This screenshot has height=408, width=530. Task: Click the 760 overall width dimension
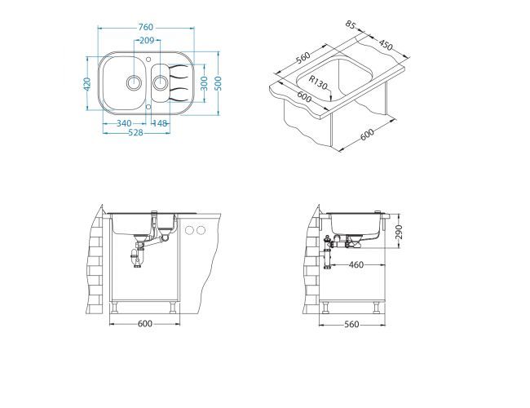(x=146, y=27)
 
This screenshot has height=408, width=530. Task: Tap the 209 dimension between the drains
(x=147, y=41)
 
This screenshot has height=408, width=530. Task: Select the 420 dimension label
(x=87, y=84)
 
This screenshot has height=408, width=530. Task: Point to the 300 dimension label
(x=204, y=83)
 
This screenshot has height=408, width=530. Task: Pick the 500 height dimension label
(x=219, y=83)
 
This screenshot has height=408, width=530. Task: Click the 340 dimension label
(x=124, y=123)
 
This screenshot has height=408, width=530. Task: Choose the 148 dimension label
(x=160, y=123)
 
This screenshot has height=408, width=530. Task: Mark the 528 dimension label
(x=136, y=133)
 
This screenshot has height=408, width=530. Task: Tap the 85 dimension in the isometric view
(x=351, y=24)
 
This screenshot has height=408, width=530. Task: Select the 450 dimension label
(x=386, y=45)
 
